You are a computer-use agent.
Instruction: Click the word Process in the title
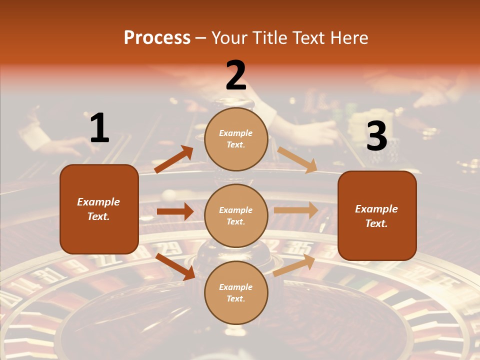coord(157,38)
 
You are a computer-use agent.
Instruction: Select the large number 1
coord(99,128)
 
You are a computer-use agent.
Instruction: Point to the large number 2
coord(236,76)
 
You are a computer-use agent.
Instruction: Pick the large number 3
coord(376,136)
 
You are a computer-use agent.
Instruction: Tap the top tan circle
coord(236,139)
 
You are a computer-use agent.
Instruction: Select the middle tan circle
coord(236,215)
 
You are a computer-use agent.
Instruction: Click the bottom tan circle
coord(236,292)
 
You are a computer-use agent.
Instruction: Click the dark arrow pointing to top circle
coord(173,159)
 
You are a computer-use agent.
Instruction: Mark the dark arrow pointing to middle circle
coord(175,211)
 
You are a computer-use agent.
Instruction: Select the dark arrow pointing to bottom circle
coord(175,266)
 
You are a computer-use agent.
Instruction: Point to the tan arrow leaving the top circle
coord(297,159)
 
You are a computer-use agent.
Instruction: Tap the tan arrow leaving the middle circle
coord(295,210)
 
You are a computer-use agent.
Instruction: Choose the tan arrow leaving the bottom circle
coord(294,265)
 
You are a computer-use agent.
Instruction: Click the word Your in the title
coord(231,38)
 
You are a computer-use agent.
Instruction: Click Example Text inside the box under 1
coord(98,209)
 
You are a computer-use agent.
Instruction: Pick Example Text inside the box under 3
coord(376,216)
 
